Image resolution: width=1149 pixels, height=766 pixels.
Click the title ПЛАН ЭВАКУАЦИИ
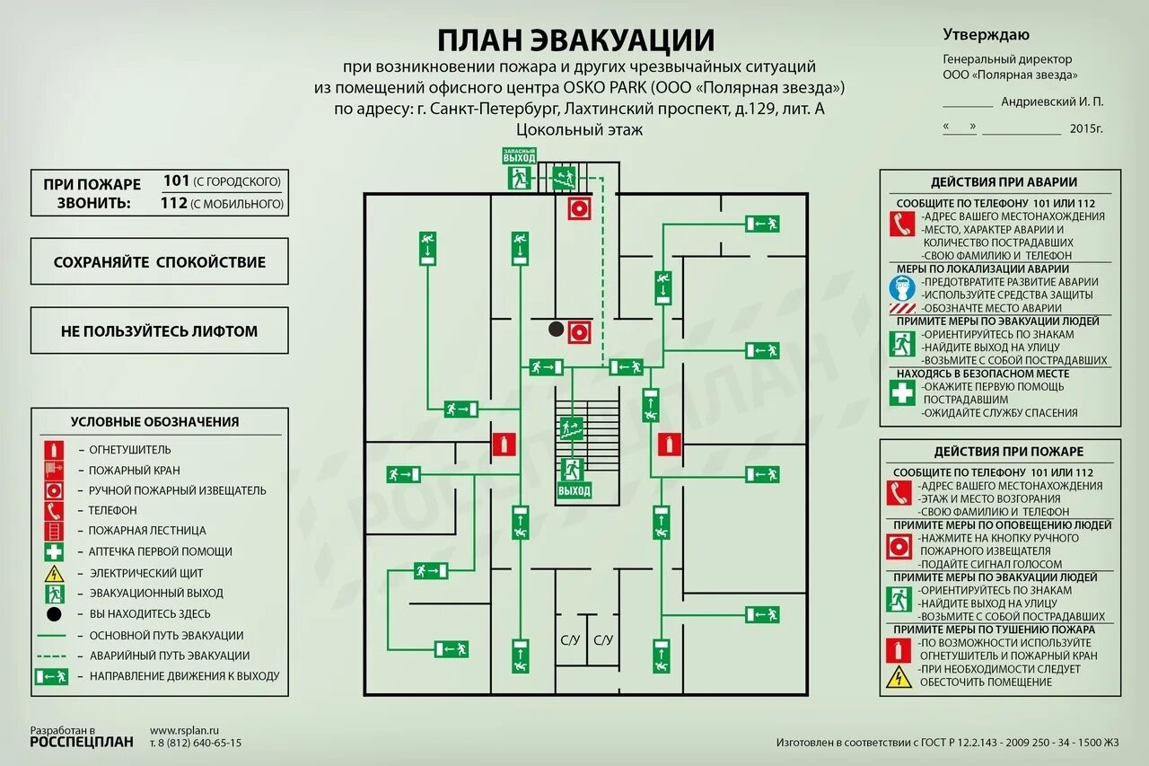pyautogui.click(x=575, y=40)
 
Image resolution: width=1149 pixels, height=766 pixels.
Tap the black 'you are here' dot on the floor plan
pyautogui.click(x=557, y=330)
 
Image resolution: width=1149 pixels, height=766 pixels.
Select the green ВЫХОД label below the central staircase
pyautogui.click(x=574, y=491)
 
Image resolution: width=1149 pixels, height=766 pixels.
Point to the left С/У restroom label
pyautogui.click(x=569, y=640)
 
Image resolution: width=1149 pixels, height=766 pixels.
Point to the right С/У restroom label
pyautogui.click(x=602, y=640)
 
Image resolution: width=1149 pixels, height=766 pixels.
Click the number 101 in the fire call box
pyautogui.click(x=176, y=181)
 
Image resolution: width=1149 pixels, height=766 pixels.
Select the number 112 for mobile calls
pyautogui.click(x=173, y=203)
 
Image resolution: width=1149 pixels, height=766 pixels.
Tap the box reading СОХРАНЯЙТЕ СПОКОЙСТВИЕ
pyautogui.click(x=160, y=262)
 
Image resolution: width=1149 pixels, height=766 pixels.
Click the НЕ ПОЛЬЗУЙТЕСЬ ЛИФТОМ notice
pyautogui.click(x=160, y=331)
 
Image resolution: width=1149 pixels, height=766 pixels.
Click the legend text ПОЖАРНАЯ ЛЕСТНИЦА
pyautogui.click(x=147, y=531)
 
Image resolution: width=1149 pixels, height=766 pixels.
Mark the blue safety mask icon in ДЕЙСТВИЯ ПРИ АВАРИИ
pyautogui.click(x=901, y=287)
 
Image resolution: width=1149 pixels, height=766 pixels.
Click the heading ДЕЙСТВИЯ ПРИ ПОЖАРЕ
pyautogui.click(x=1008, y=452)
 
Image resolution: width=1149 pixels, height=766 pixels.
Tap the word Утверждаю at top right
pyautogui.click(x=986, y=35)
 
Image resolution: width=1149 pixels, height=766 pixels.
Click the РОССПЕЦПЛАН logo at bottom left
pyautogui.click(x=82, y=742)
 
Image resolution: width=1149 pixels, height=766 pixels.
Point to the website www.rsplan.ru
pyautogui.click(x=185, y=731)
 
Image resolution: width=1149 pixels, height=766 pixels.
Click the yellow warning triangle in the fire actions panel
pyautogui.click(x=899, y=676)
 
